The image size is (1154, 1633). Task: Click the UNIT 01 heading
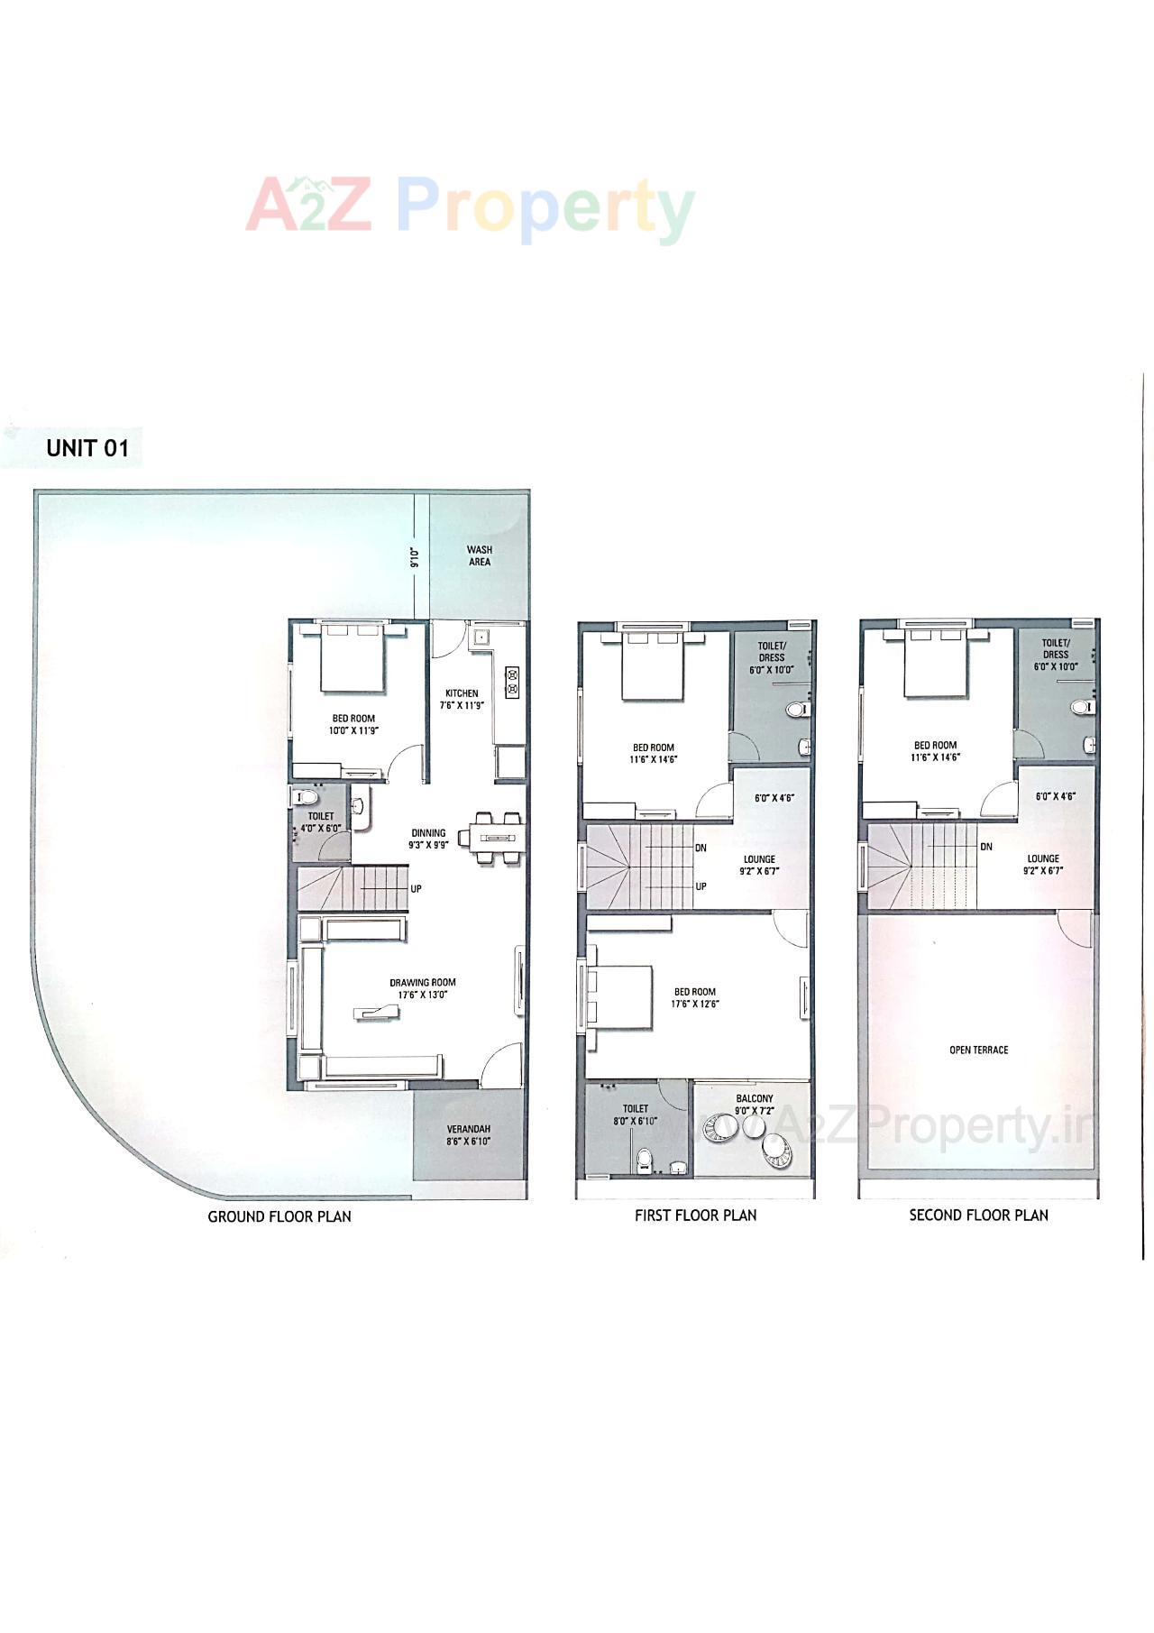[87, 448]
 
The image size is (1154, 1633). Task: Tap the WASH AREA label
[479, 555]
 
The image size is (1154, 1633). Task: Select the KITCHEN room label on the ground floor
[461, 693]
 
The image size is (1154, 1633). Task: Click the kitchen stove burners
[512, 682]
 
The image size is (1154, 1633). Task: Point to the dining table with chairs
[492, 838]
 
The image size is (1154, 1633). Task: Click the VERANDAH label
[468, 1129]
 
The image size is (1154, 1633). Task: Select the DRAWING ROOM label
[422, 982]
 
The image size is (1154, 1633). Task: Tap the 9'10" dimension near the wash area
[415, 557]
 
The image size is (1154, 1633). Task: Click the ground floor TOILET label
[320, 816]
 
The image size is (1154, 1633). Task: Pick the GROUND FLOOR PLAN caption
[279, 1216]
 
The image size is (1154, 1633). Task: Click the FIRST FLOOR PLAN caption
[695, 1216]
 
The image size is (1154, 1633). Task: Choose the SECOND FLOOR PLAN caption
[978, 1216]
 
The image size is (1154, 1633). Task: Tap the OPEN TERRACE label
[978, 1050]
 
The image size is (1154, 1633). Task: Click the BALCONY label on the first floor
[754, 1099]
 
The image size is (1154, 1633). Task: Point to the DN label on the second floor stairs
[985, 847]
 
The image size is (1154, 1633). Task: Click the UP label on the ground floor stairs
[416, 889]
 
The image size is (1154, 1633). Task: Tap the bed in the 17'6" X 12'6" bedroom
[620, 996]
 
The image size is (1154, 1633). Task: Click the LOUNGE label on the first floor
[759, 859]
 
